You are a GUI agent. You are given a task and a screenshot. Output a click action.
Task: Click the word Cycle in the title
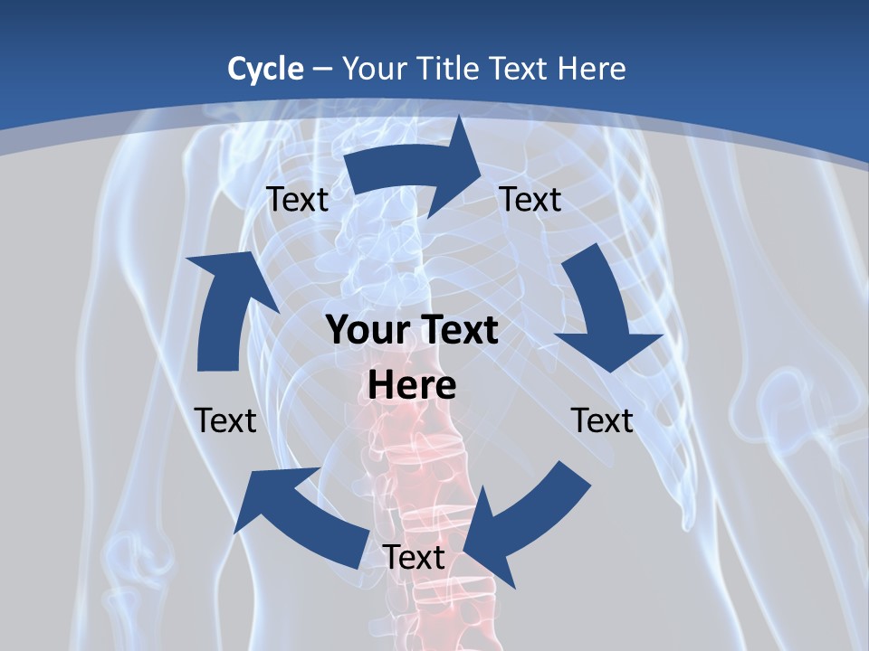(x=265, y=69)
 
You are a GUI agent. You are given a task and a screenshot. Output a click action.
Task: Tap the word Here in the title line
(x=591, y=69)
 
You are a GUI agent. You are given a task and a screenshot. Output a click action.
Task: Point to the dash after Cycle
(x=322, y=70)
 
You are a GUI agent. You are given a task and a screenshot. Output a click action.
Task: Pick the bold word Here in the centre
(x=412, y=385)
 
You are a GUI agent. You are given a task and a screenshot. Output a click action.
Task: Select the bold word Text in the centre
(x=455, y=331)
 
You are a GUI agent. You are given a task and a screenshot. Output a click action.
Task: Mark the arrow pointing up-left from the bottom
(x=299, y=515)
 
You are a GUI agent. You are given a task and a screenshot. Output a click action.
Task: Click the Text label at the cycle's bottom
(x=414, y=558)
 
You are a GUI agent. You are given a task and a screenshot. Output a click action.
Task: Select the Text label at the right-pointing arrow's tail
(x=297, y=200)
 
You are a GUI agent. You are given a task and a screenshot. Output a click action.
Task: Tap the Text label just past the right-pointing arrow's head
(x=530, y=200)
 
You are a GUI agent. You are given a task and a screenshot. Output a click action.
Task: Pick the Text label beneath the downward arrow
(x=602, y=420)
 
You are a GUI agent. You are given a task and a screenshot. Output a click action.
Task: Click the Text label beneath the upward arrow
(x=225, y=420)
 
